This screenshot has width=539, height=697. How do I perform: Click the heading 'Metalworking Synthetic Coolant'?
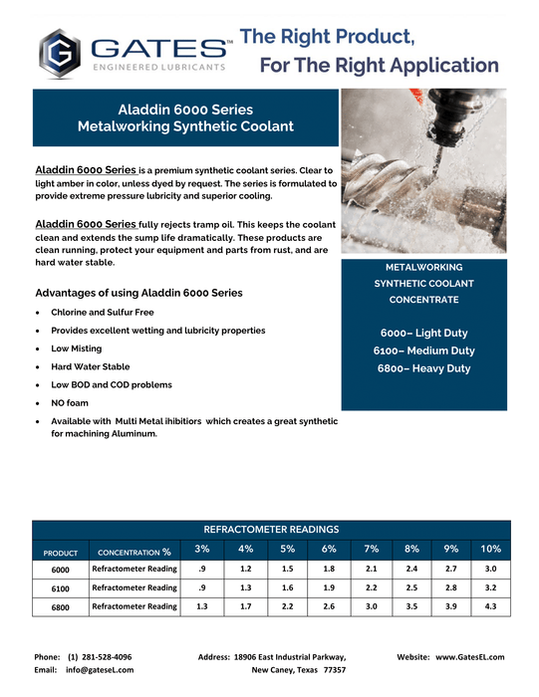tap(185, 126)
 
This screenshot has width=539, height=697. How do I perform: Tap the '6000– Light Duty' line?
tap(423, 333)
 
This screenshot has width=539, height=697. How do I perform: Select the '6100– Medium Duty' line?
tap(423, 350)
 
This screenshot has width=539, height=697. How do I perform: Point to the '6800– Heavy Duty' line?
tap(423, 368)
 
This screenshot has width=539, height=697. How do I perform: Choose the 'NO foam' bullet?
tap(70, 403)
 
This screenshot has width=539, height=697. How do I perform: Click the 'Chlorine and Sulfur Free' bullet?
tap(102, 312)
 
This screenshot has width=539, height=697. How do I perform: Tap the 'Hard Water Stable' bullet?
tap(90, 366)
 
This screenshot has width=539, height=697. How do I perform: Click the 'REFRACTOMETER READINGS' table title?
tap(271, 530)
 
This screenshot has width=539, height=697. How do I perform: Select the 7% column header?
tap(372, 550)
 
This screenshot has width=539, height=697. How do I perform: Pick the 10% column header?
tap(490, 550)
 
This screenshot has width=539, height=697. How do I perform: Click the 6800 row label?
tap(60, 607)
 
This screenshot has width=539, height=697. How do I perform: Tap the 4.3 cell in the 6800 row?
tap(490, 606)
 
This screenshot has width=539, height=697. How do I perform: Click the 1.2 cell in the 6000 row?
tap(246, 568)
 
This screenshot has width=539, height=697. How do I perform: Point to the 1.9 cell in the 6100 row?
tap(330, 587)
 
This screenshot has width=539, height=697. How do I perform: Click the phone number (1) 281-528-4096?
tap(100, 657)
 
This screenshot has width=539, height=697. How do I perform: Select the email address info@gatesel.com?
tap(100, 671)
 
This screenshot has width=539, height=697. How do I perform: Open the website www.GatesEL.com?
tap(469, 657)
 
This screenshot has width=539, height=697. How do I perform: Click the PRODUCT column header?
tap(60, 553)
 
